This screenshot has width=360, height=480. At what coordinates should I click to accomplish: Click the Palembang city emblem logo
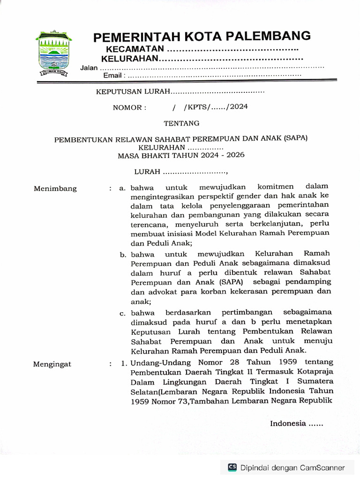(x=52, y=54)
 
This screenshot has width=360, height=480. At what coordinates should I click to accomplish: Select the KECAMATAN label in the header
(x=135, y=49)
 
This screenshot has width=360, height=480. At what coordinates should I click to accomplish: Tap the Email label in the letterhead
(x=112, y=75)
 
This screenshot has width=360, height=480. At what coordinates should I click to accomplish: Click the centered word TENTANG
(x=181, y=123)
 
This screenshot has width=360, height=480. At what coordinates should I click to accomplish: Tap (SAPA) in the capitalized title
(x=295, y=139)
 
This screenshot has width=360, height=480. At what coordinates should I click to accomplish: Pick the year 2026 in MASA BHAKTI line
(x=235, y=155)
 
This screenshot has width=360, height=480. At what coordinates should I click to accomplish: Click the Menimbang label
(x=55, y=189)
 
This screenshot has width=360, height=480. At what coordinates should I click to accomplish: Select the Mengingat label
(x=52, y=364)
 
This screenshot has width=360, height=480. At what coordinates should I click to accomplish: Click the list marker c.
(x=122, y=314)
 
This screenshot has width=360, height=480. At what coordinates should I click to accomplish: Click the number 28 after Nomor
(x=235, y=362)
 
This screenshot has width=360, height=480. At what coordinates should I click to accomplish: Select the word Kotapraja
(x=315, y=372)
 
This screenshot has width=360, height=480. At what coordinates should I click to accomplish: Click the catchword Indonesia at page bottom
(x=287, y=424)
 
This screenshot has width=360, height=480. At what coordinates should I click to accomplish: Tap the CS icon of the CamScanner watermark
(x=232, y=467)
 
